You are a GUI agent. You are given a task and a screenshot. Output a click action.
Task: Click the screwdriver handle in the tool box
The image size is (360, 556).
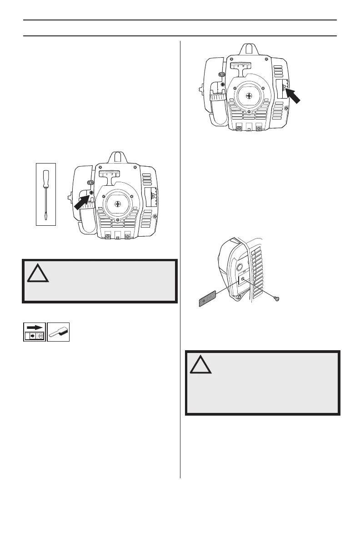tap(46, 179)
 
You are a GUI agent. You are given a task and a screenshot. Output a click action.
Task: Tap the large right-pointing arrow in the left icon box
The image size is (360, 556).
tap(34, 328)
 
